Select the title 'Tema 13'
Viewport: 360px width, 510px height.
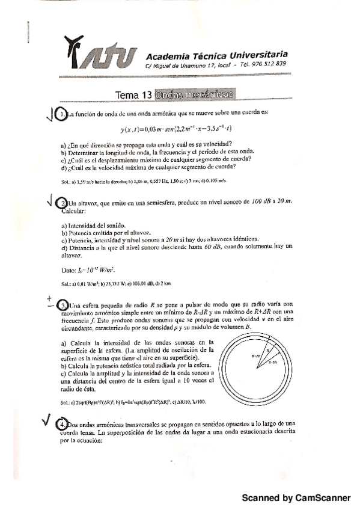click(x=133, y=95)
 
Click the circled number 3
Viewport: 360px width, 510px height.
click(x=63, y=305)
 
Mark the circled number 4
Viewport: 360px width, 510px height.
click(x=63, y=424)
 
